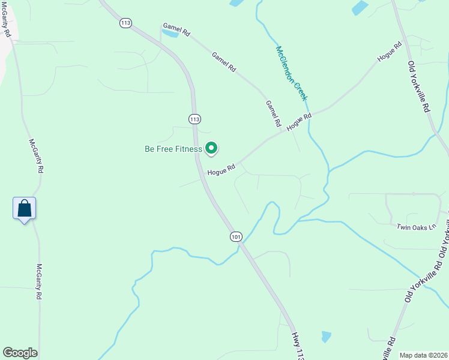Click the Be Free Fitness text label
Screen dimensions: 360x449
[x=173, y=149]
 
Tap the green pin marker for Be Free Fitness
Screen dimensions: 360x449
[x=211, y=148]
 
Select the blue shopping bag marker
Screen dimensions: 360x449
[x=24, y=209]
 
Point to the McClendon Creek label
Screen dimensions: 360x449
[x=292, y=73]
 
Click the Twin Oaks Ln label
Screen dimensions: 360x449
[x=414, y=227]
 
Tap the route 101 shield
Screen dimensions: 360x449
[x=236, y=237]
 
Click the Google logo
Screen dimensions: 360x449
[x=20, y=353]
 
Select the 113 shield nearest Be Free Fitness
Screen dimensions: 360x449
[x=194, y=119]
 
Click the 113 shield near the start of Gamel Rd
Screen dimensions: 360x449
[x=125, y=23]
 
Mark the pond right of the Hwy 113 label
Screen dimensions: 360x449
[x=326, y=337]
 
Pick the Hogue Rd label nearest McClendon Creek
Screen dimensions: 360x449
[x=300, y=122]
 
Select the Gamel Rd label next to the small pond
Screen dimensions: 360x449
[x=176, y=29]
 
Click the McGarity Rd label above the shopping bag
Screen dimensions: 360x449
[x=36, y=156]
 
